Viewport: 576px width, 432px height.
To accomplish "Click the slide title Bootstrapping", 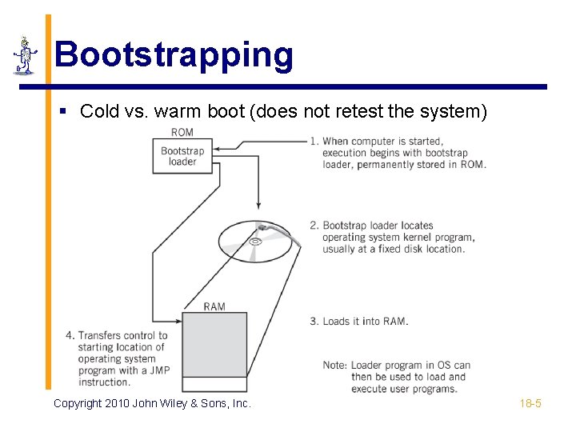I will [x=174, y=54].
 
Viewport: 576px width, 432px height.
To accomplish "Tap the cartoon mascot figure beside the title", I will [x=25, y=55].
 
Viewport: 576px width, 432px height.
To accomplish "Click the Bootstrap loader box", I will [x=182, y=156].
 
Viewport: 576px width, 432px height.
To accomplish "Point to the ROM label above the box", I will [x=182, y=132].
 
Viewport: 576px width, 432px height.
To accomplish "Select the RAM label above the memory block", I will [x=214, y=306].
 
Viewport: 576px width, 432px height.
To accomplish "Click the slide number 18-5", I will [x=530, y=403].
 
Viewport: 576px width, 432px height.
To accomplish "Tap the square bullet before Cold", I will [x=65, y=111].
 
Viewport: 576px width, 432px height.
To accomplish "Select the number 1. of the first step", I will [x=314, y=142].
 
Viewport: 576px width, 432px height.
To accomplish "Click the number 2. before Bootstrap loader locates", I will [x=314, y=226].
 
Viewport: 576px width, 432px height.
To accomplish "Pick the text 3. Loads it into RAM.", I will [x=359, y=322].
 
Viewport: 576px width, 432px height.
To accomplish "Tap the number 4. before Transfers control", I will [x=71, y=335].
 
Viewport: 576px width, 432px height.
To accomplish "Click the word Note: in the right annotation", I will [x=335, y=366].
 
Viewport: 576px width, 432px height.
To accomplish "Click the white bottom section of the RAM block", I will [x=214, y=384].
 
